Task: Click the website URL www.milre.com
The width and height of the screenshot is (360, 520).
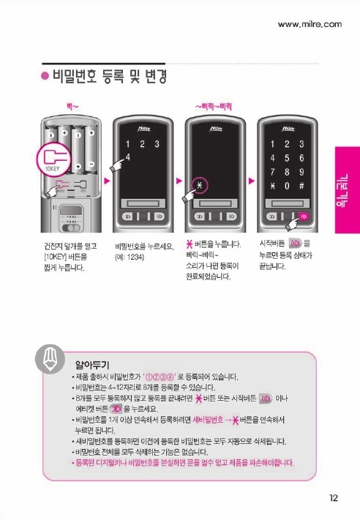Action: point(310,24)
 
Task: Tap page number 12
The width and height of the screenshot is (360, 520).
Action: point(333,498)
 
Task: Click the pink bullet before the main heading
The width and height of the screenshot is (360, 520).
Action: point(45,76)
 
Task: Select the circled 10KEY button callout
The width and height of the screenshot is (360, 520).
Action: point(53,159)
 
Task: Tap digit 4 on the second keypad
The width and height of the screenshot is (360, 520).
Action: point(128,157)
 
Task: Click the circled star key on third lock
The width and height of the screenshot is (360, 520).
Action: point(200,185)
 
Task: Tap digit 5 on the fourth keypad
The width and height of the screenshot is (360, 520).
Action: point(287,158)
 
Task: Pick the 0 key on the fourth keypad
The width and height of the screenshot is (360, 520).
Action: point(287,186)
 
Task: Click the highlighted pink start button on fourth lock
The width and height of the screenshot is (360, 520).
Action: point(304,216)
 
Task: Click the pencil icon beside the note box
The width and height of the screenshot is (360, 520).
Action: point(50,358)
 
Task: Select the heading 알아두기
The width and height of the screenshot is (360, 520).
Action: point(92,365)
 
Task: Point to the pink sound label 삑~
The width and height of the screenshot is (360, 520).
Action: point(72,107)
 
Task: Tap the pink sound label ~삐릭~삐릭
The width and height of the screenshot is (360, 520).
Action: point(214,107)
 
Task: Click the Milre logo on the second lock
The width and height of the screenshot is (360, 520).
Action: point(144,129)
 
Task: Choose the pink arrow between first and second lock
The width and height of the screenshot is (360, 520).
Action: point(107,181)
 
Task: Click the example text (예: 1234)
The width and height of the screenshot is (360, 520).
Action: point(130,257)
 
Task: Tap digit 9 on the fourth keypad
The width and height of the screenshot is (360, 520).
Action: point(301,172)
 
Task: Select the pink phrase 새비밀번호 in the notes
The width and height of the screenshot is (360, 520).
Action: point(208,420)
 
